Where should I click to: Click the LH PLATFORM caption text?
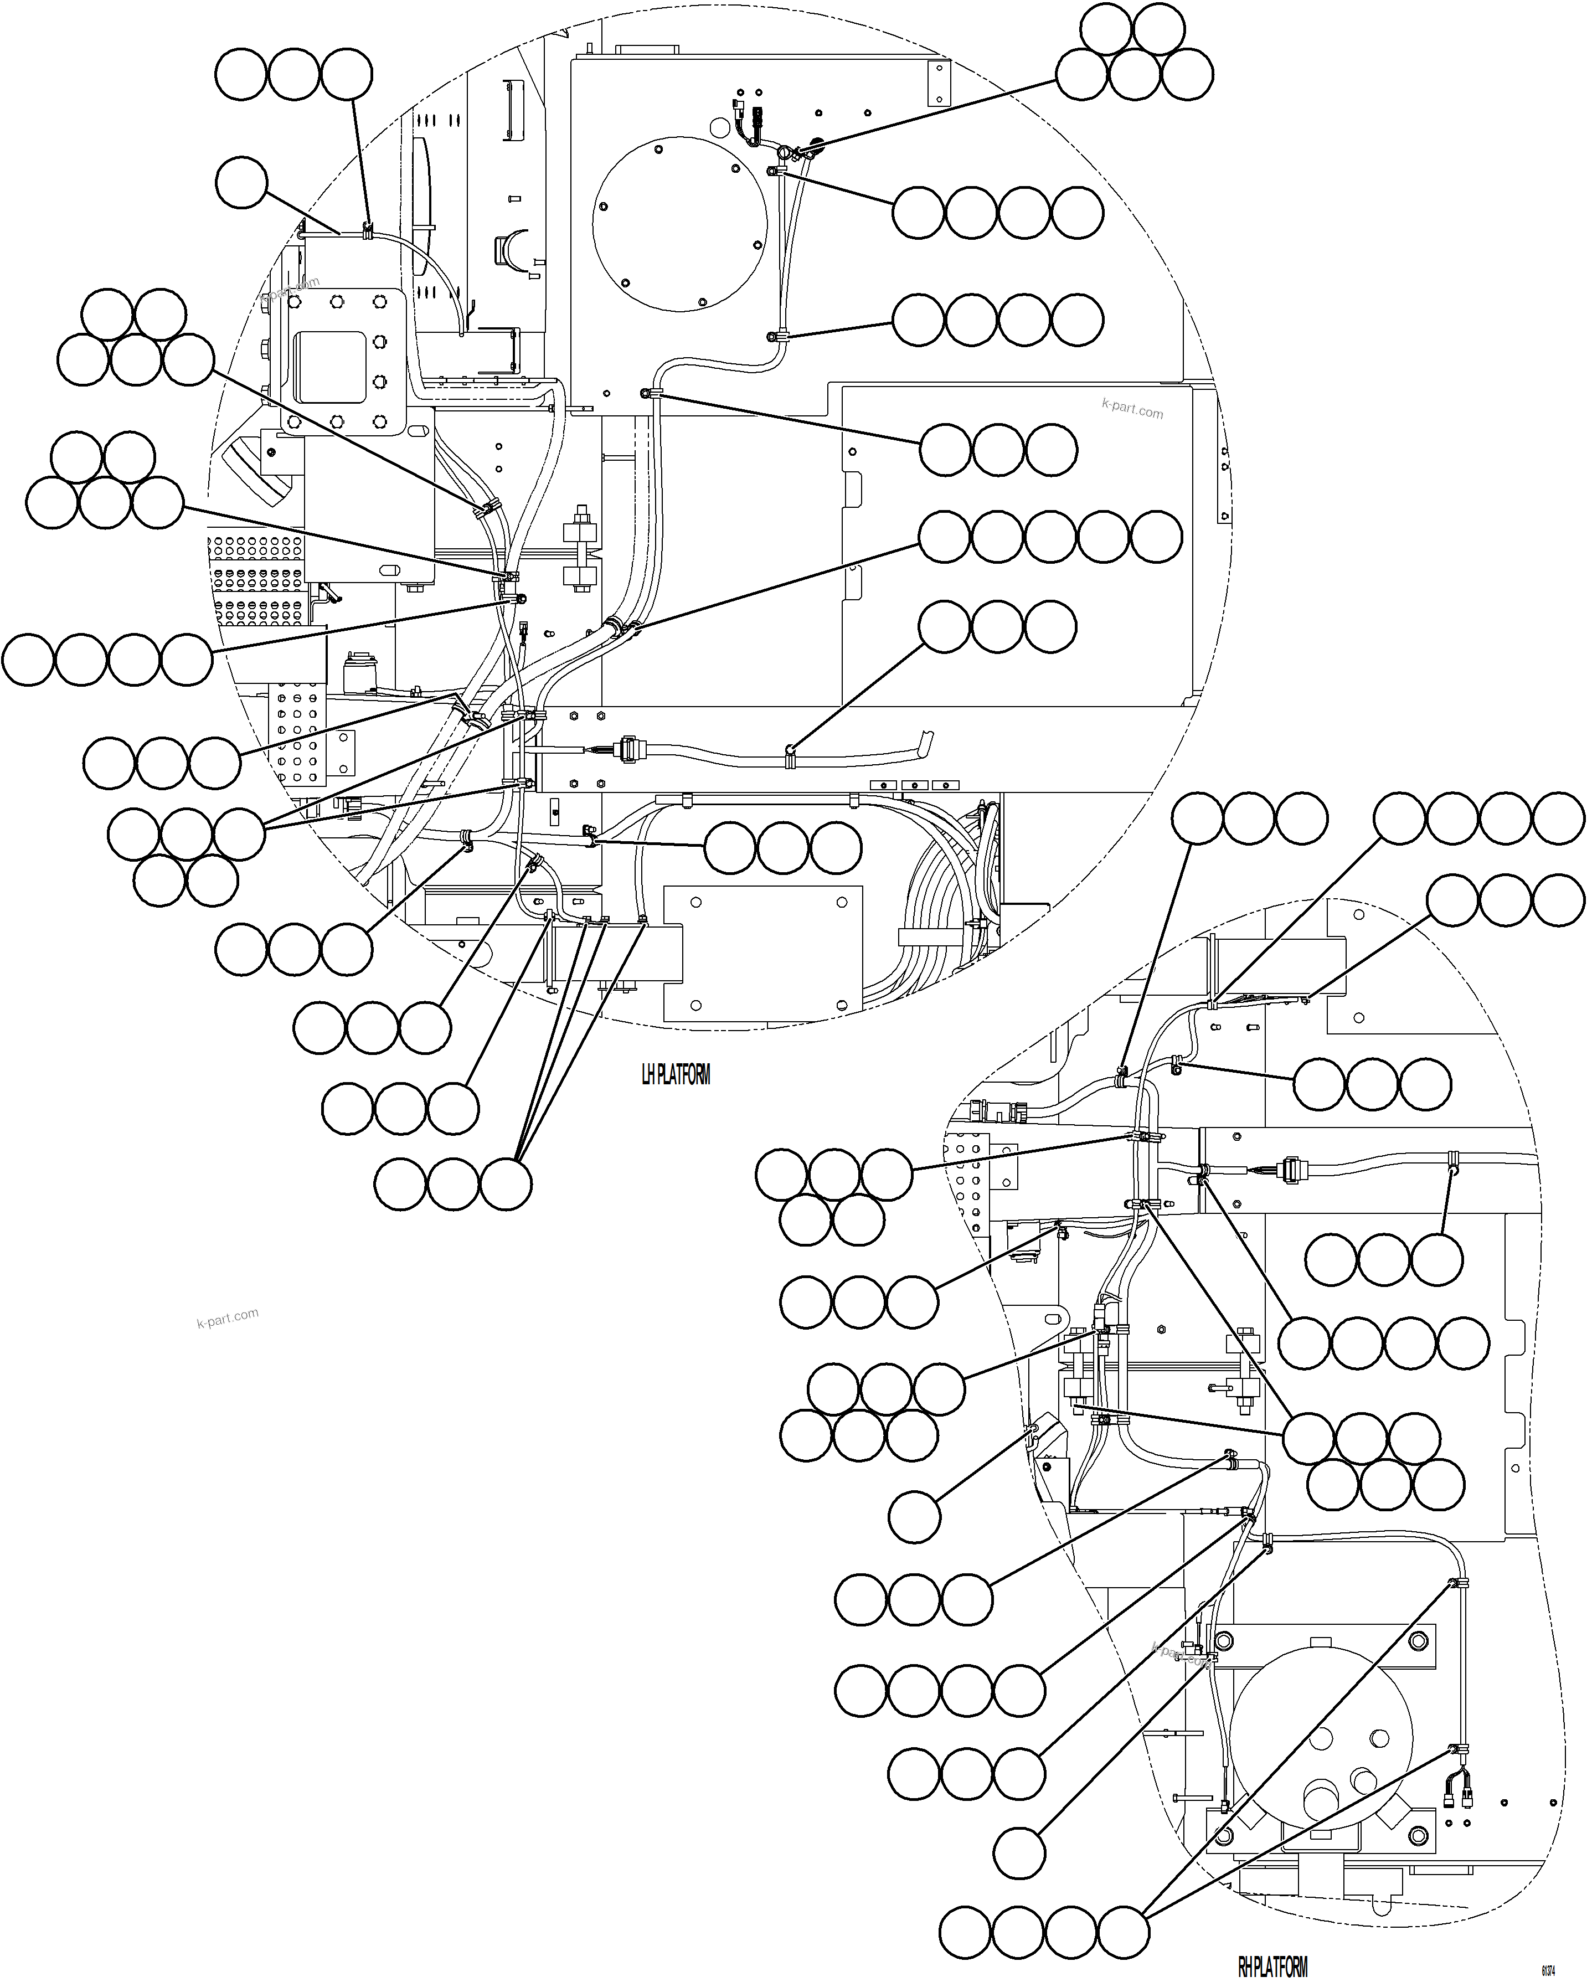point(676,1075)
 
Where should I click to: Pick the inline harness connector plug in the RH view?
point(1294,1170)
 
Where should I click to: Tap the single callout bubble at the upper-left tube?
point(241,182)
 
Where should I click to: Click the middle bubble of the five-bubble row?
point(1050,538)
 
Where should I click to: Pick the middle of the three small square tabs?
point(914,785)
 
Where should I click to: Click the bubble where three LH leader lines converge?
point(506,1183)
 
